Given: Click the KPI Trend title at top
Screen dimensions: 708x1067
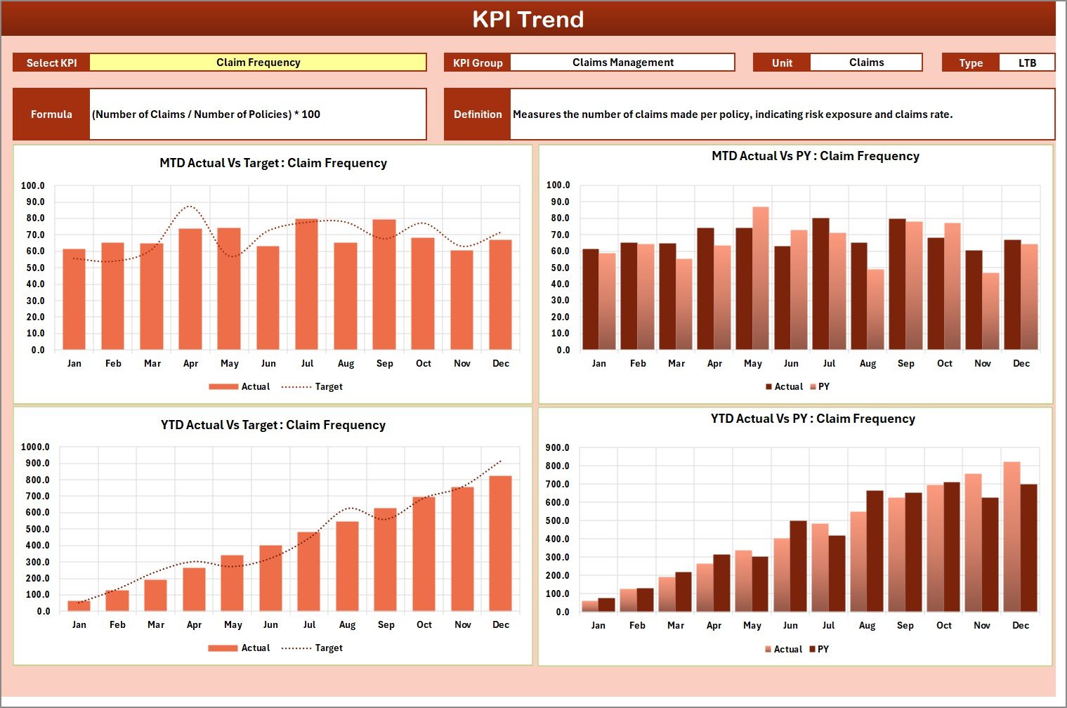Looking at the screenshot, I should (528, 19).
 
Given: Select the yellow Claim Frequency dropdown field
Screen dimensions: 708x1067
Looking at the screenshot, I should (258, 63).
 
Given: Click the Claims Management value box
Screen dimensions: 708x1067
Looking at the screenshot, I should (622, 63).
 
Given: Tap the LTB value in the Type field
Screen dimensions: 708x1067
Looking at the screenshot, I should (1026, 63).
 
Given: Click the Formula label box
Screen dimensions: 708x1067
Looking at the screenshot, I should (51, 114).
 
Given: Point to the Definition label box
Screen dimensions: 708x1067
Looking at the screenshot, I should (478, 114).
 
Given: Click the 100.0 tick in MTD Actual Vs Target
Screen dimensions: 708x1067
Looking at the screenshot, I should (33, 186).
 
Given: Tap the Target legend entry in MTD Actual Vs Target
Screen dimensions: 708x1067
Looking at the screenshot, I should (313, 387).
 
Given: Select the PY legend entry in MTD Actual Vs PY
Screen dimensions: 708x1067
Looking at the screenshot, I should (820, 387).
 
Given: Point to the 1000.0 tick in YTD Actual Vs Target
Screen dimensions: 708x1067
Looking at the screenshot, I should (35, 447).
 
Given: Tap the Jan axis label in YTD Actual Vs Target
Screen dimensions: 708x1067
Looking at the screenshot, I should (79, 625).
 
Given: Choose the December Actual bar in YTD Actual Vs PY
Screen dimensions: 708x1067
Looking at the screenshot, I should (1012, 537).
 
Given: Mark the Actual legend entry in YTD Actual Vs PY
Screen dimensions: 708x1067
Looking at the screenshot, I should (783, 650).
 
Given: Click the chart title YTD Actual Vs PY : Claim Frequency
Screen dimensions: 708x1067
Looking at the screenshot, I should (813, 419).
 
